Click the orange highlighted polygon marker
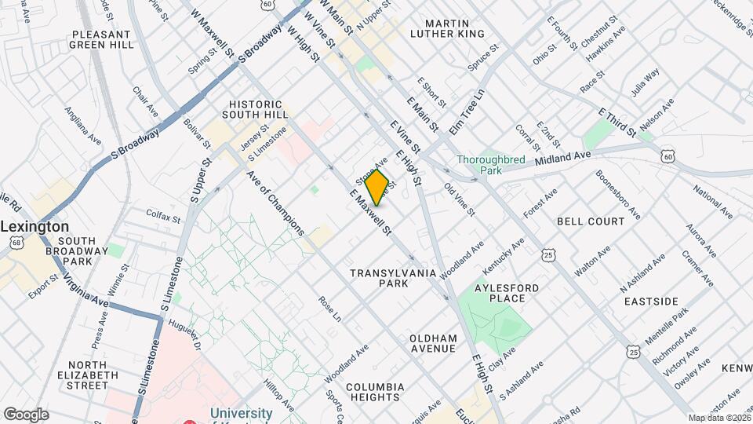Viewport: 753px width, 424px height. (377, 188)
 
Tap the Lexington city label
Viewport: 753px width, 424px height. (35, 226)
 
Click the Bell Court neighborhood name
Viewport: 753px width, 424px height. (591, 222)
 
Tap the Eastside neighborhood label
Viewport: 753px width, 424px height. (651, 301)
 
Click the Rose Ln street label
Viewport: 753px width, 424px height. (329, 309)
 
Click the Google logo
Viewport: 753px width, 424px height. (25, 414)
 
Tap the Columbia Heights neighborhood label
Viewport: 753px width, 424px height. (375, 393)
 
